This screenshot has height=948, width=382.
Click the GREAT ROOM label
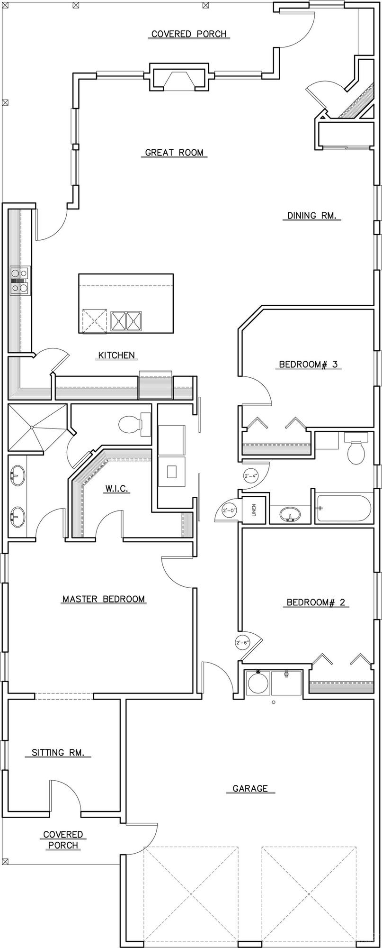pyautogui.click(x=174, y=153)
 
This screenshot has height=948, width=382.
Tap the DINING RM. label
pyautogui.click(x=312, y=216)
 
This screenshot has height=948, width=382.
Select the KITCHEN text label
pyautogui.click(x=116, y=355)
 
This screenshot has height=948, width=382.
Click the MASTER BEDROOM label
pyautogui.click(x=104, y=599)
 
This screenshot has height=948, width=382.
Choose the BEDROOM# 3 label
pyautogui.click(x=308, y=365)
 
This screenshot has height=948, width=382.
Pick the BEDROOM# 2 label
pyautogui.click(x=316, y=602)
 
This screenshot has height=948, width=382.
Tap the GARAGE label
pyautogui.click(x=250, y=789)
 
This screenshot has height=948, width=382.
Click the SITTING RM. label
pyautogui.click(x=61, y=752)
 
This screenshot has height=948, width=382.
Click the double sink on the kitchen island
pyautogui.click(x=126, y=321)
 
